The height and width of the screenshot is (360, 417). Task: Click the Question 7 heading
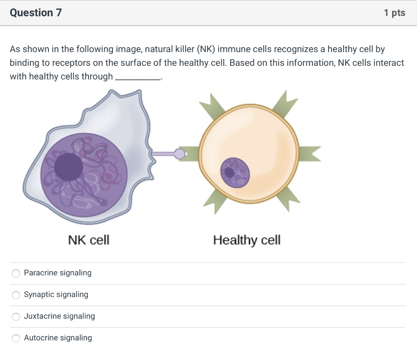[36, 13]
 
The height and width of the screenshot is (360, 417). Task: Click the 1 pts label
[394, 13]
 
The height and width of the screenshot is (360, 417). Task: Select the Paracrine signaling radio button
[16, 273]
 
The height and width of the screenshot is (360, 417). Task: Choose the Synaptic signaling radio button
[16, 295]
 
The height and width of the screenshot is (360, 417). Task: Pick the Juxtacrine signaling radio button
[16, 316]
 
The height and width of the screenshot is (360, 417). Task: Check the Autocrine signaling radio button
[16, 338]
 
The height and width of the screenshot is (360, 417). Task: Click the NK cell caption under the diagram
[88, 240]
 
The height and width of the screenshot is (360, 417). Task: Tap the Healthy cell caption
[247, 240]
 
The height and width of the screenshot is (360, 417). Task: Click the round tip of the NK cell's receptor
[180, 153]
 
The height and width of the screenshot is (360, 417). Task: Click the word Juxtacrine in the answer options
[42, 316]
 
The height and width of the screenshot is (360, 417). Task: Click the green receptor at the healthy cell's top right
[284, 104]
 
